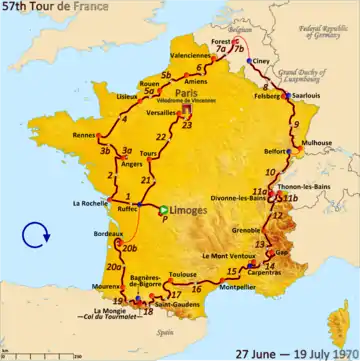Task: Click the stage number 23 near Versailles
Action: click(x=186, y=125)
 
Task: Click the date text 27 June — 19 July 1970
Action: click(x=292, y=352)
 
